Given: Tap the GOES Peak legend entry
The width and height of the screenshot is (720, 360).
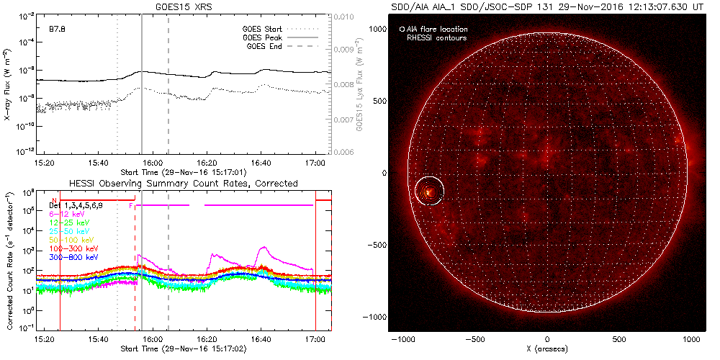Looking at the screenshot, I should (263, 37).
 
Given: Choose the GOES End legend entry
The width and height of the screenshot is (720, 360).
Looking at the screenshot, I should (263, 46).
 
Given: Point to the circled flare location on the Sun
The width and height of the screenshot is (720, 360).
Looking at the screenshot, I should (430, 191).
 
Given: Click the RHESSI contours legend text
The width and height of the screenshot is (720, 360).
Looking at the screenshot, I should (436, 37).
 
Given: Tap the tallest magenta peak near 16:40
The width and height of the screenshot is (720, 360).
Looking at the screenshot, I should (264, 247).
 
